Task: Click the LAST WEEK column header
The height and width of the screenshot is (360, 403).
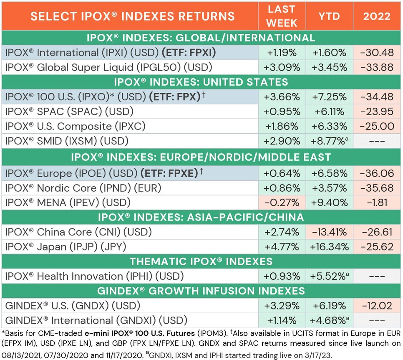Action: click(x=282, y=16)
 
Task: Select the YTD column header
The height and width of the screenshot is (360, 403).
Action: click(x=329, y=16)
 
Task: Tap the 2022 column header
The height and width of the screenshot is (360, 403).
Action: click(x=377, y=16)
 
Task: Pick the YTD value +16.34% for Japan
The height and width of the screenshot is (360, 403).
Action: click(x=329, y=246)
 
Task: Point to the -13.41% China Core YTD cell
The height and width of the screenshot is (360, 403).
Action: click(x=329, y=232)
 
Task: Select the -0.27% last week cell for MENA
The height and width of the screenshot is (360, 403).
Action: click(x=282, y=203)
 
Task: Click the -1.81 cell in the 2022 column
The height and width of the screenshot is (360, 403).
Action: click(x=377, y=203)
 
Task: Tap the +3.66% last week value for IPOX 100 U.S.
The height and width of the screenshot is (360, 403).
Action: click(x=282, y=97)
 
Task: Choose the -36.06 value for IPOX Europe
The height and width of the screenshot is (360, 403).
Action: click(x=377, y=173)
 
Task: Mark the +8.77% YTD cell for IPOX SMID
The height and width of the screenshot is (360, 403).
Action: click(x=329, y=141)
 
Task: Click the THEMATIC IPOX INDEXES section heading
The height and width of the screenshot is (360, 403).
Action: click(x=201, y=261)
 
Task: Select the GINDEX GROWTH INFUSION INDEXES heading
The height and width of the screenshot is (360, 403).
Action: click(x=201, y=291)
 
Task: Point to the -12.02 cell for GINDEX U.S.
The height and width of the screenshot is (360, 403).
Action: click(x=377, y=305)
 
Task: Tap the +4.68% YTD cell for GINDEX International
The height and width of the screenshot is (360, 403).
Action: click(x=329, y=320)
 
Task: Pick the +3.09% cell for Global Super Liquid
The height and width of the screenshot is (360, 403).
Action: click(x=282, y=67)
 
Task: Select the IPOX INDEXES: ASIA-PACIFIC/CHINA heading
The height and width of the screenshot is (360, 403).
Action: click(x=201, y=217)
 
